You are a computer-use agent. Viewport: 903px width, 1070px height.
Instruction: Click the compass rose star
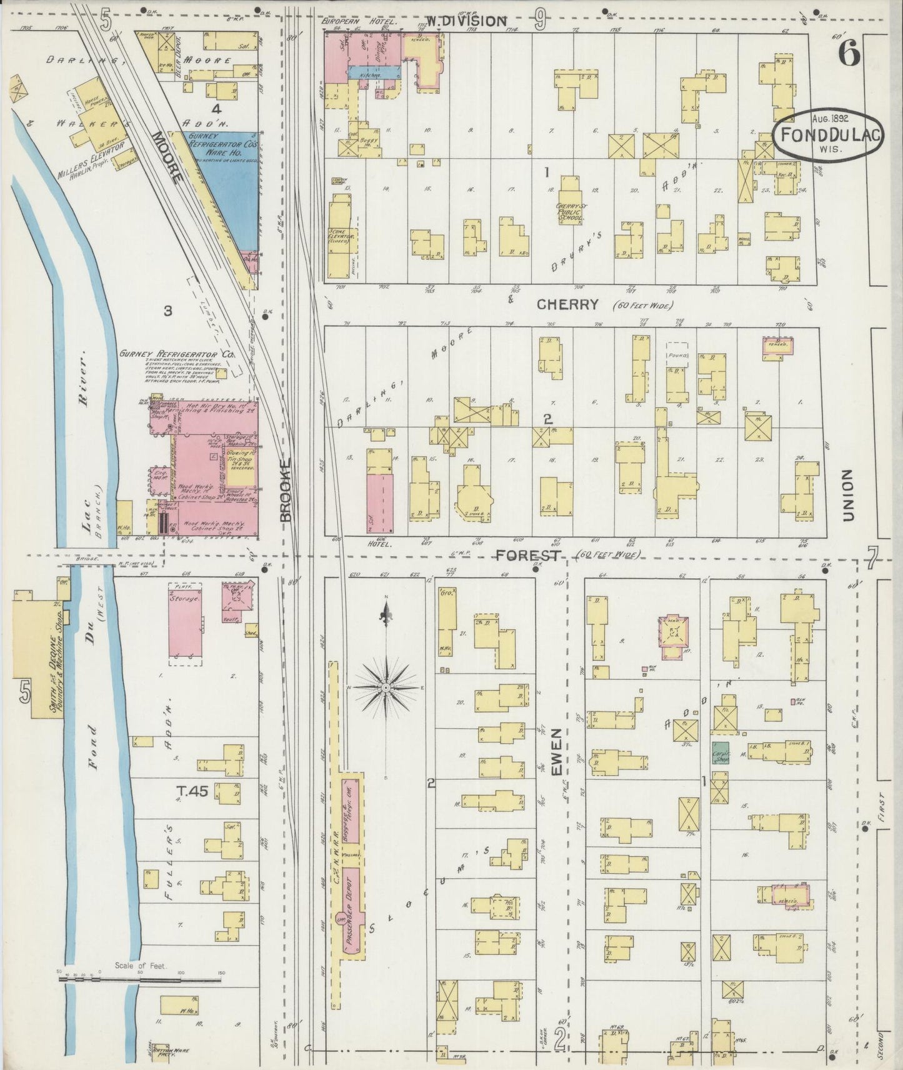[x=386, y=687]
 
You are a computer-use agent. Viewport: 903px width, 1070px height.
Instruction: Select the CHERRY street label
[x=567, y=305]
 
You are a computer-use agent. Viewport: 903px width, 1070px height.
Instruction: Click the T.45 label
[x=191, y=791]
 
